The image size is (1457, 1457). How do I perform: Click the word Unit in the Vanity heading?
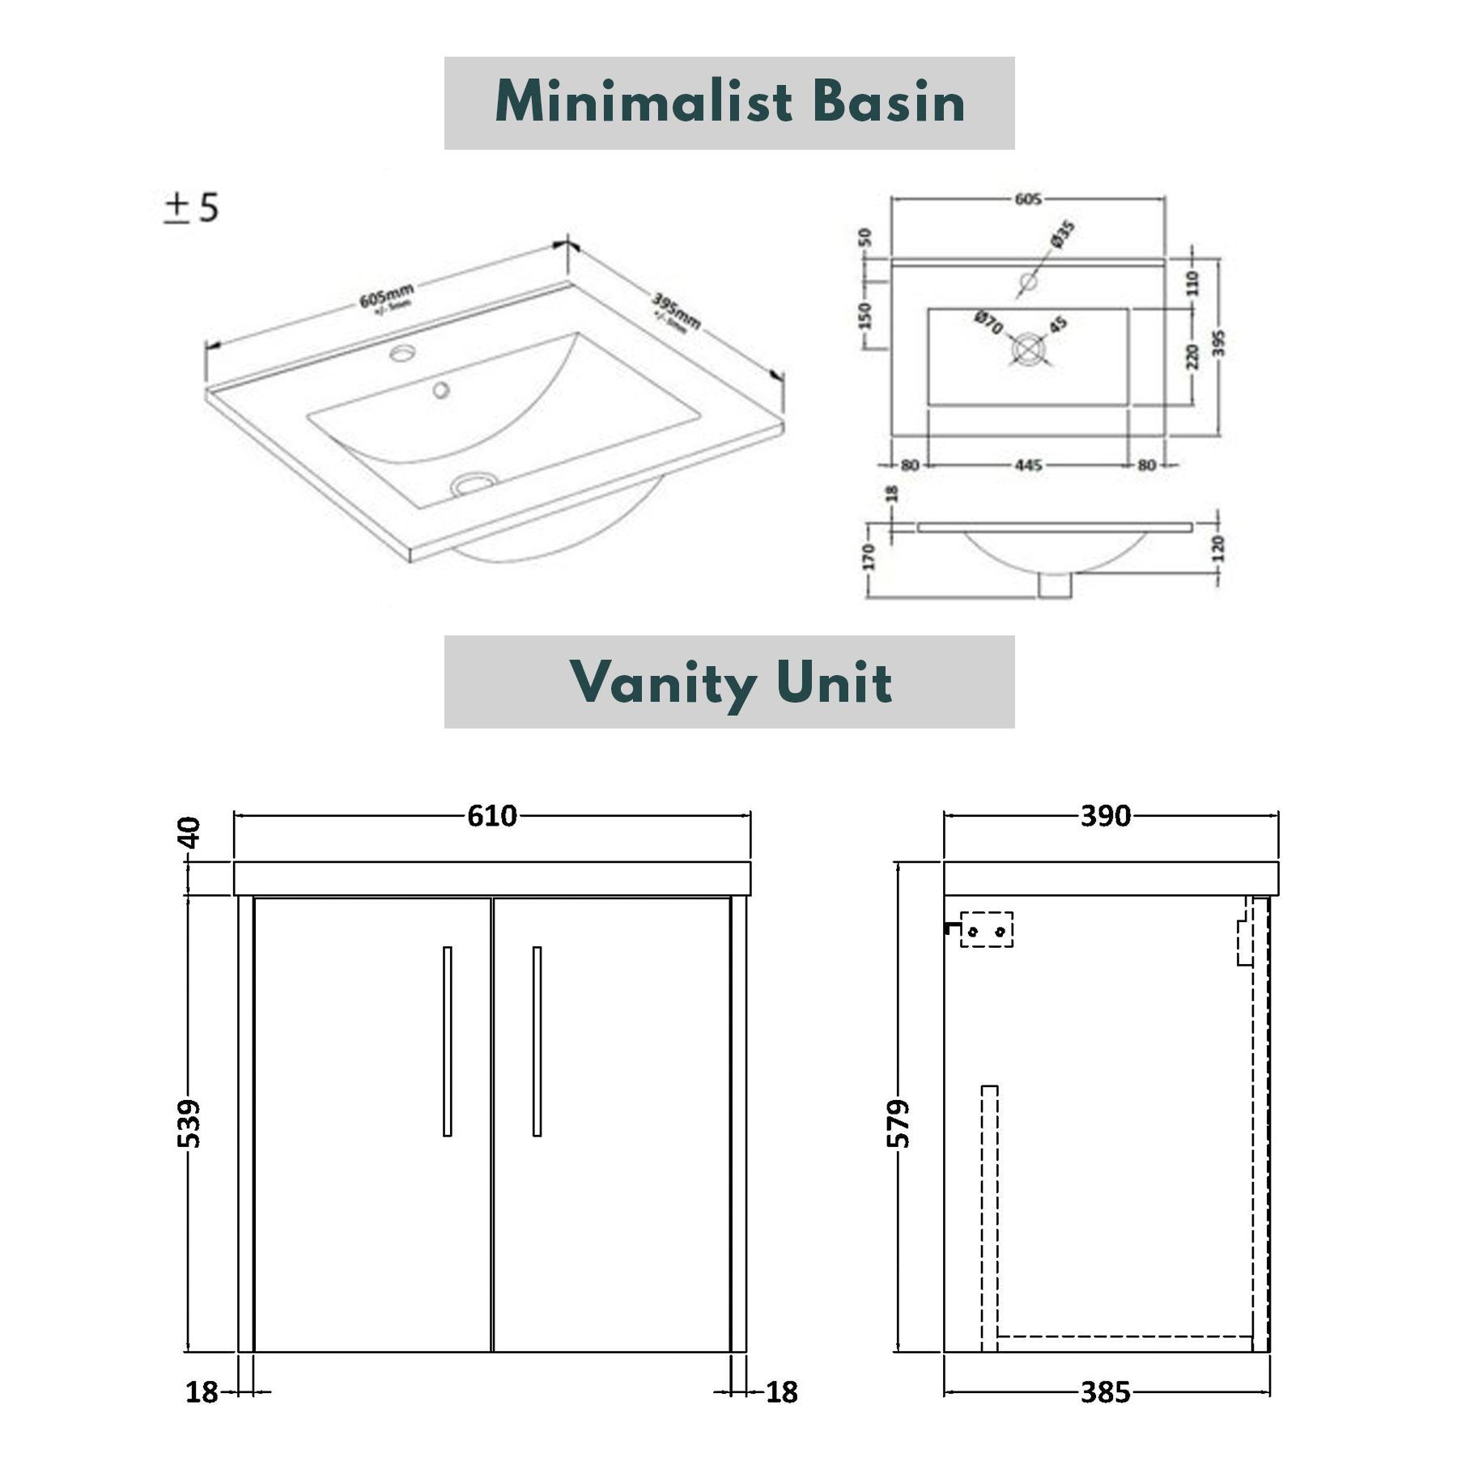[x=834, y=682]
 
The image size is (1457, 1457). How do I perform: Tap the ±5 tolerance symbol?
[x=191, y=207]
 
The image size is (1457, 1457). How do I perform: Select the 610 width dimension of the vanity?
[x=491, y=816]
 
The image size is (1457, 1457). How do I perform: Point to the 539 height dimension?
[x=189, y=1123]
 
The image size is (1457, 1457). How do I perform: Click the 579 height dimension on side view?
[x=898, y=1123]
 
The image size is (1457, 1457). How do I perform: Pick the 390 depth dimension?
[x=1105, y=816]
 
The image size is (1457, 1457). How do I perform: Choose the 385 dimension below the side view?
[x=1105, y=1392]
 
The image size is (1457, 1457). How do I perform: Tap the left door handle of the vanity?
[x=448, y=1041]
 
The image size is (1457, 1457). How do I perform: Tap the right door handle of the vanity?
[x=537, y=1041]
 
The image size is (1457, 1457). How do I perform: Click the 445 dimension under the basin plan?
[x=1028, y=465]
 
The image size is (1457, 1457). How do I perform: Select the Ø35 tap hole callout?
[x=1062, y=234]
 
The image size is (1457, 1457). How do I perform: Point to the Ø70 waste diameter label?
[x=988, y=321]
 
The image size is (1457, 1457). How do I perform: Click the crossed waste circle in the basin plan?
[x=1028, y=349]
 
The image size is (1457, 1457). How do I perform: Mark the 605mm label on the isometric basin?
[x=386, y=296]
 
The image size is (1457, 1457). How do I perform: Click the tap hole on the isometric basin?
[x=402, y=352]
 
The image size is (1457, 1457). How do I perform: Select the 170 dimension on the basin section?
[x=869, y=556]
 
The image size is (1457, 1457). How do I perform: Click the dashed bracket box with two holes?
[x=986, y=929]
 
